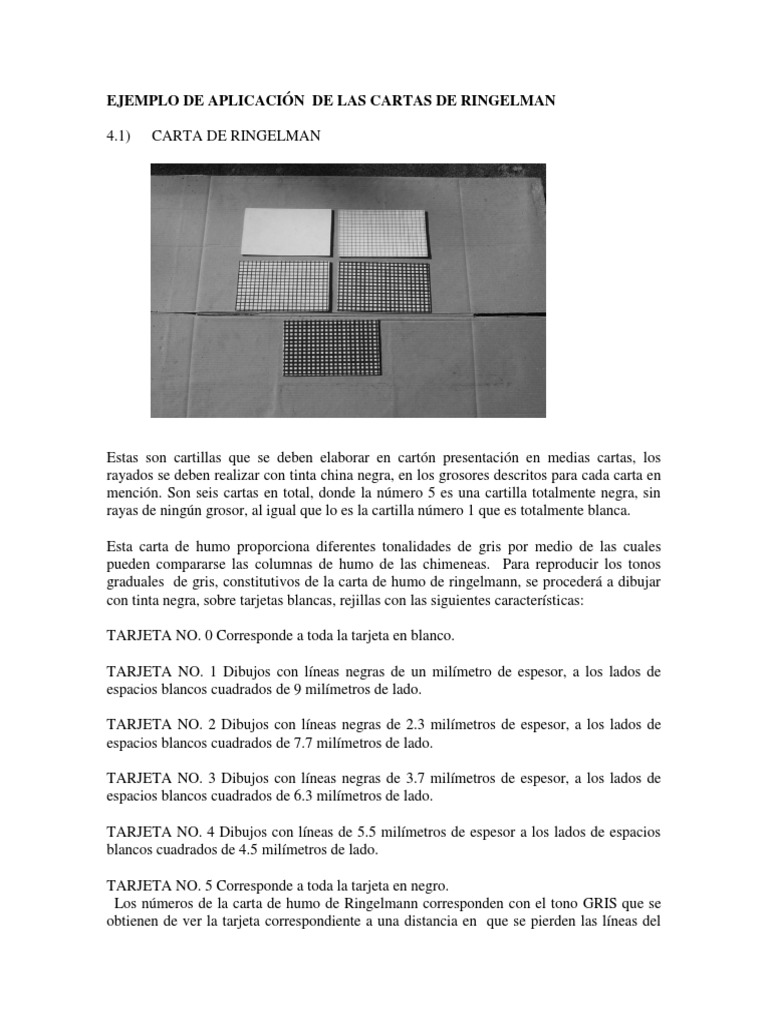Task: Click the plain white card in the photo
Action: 288,233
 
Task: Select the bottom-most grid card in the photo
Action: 332,347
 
